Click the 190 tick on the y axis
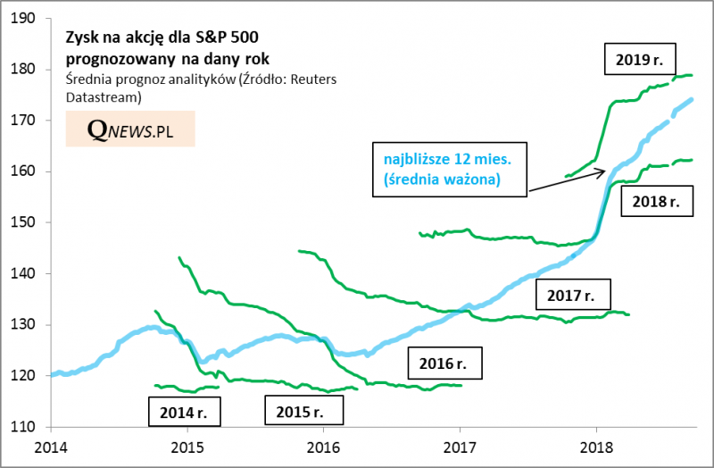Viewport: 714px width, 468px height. point(25,18)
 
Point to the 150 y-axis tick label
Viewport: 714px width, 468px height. point(25,222)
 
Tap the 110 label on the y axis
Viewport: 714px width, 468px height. point(25,427)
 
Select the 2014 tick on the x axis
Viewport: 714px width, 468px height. point(51,446)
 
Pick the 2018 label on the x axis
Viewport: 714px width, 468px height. point(596,446)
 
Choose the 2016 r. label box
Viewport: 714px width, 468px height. point(444,364)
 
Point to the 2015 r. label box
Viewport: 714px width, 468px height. point(305,411)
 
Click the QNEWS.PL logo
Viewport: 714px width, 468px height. point(129,130)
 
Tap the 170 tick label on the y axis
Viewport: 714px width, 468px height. point(25,120)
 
